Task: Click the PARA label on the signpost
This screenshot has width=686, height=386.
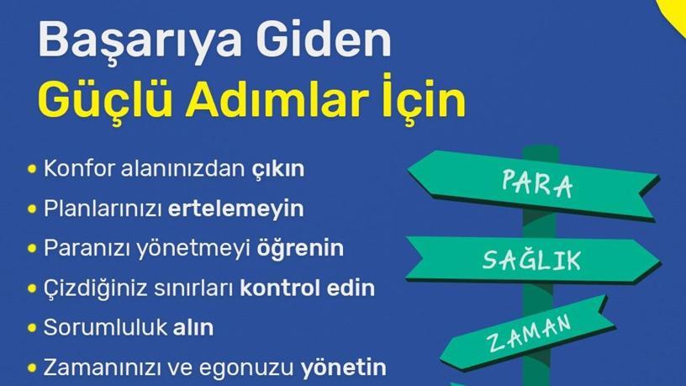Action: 537,184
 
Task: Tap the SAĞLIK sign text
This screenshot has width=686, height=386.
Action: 531,259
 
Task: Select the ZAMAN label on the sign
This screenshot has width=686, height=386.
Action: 529,334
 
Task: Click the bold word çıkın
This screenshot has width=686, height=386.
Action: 277,169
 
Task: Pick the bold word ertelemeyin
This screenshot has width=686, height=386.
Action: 235,209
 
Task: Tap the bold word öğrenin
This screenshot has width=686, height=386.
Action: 300,249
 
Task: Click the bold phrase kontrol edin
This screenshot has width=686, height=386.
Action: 307,288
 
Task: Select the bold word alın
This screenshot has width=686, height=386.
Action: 193,327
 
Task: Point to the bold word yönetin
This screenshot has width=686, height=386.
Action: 344,367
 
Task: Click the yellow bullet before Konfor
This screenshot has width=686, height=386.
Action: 31,169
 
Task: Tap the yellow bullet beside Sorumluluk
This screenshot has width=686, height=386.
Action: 31,328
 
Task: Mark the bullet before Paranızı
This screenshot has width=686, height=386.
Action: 31,249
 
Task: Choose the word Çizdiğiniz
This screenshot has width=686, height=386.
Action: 95,288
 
